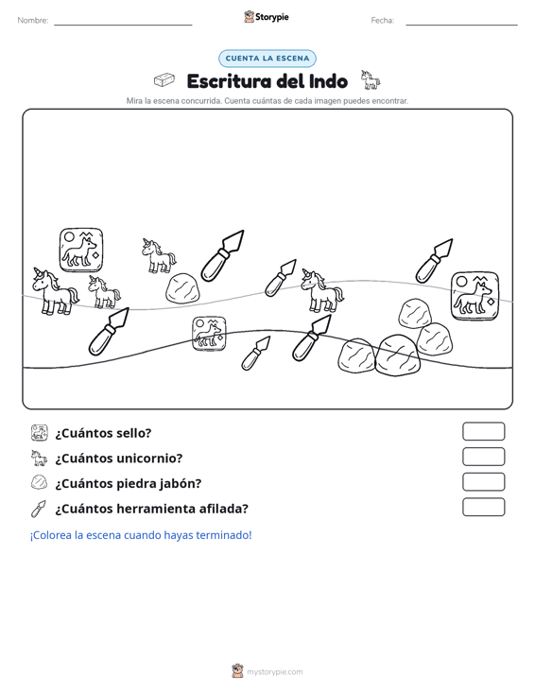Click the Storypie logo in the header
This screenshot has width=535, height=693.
point(267,17)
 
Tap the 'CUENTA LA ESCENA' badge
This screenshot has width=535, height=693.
point(267,59)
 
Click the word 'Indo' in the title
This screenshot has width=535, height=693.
point(328,81)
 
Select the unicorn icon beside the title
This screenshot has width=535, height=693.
point(371,80)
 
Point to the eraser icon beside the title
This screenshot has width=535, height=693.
point(164,80)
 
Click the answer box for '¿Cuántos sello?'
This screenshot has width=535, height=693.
point(483,431)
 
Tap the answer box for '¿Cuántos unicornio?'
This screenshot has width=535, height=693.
point(483,457)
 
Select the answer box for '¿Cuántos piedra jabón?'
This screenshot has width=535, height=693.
point(483,482)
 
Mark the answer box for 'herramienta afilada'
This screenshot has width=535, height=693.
point(483,507)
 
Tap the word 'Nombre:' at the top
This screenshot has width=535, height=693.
point(33,21)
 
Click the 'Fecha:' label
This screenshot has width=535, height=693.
point(383,21)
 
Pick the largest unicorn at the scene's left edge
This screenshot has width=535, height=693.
point(55,292)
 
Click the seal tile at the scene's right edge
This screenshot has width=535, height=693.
point(475,296)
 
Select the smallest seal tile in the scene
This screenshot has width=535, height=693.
point(209,334)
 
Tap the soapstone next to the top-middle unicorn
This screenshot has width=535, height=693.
point(182,288)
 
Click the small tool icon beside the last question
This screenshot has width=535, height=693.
point(39,509)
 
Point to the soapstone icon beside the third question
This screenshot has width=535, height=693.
point(39,482)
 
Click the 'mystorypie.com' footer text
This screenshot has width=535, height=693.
point(275,672)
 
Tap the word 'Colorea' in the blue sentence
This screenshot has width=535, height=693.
point(51,535)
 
